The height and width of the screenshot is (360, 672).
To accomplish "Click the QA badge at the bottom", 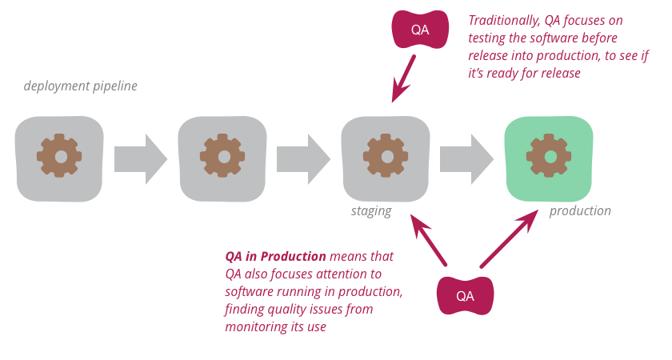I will [465, 295].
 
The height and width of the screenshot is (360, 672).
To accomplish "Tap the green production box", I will [550, 158].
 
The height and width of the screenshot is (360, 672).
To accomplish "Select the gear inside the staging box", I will [386, 156].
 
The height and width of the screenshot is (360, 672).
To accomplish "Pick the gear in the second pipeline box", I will [223, 156].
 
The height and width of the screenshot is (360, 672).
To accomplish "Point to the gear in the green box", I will [550, 156].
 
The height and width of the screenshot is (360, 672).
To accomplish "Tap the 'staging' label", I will [371, 211].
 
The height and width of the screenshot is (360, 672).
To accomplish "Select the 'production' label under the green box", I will [579, 211].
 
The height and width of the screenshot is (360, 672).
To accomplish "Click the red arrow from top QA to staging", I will [404, 78].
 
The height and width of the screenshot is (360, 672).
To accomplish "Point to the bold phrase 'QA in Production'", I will [275, 257].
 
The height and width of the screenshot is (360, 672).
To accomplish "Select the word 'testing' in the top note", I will [490, 38].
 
